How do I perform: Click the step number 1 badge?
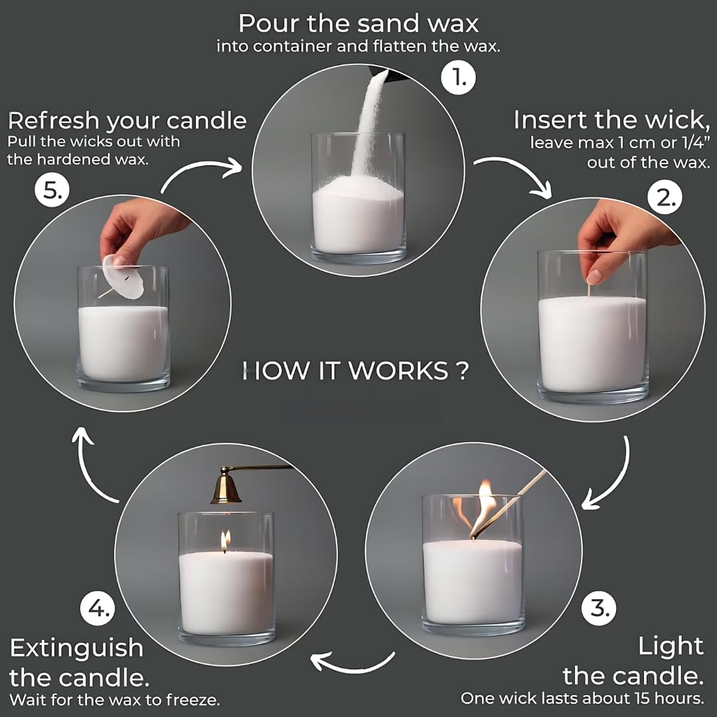tap(458, 79)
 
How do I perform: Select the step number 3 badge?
tap(599, 607)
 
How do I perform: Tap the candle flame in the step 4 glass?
tap(225, 540)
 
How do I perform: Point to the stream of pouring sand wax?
tap(367, 126)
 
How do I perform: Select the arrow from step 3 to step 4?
tap(352, 661)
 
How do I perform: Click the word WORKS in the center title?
tap(398, 371)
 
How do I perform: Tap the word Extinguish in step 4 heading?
tap(76, 647)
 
